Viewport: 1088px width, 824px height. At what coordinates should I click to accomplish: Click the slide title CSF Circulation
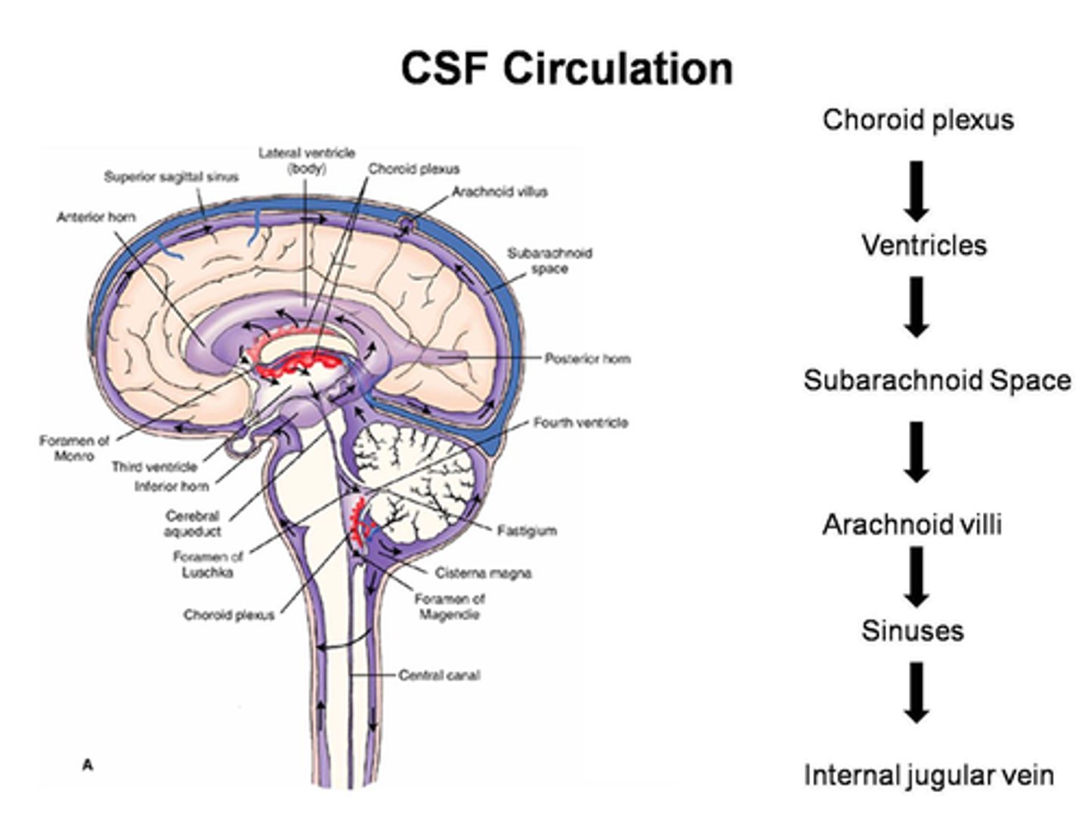point(567,68)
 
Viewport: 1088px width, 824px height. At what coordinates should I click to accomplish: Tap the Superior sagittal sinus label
point(171,177)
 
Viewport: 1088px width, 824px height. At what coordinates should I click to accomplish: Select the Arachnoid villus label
point(499,192)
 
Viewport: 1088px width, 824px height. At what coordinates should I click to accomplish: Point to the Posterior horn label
point(587,358)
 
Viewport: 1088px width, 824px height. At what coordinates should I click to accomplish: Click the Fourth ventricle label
point(580,422)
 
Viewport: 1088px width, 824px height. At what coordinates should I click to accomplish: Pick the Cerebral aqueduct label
point(193,523)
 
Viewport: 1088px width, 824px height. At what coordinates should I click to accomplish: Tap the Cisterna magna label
point(483,572)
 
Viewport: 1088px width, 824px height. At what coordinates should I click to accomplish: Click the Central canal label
point(439,674)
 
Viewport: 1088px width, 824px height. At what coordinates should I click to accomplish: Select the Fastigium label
point(527,531)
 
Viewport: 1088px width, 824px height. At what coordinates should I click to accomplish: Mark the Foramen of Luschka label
point(208,564)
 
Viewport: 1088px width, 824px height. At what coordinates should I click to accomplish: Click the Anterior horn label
point(96,217)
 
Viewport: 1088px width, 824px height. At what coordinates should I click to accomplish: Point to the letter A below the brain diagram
point(88,765)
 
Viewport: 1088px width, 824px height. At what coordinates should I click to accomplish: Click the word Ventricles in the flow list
point(923,245)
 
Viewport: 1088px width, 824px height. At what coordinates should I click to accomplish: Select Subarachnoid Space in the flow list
point(937,379)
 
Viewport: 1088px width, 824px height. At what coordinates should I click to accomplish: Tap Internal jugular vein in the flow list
point(928,775)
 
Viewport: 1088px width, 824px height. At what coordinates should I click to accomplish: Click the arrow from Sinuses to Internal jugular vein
point(916,693)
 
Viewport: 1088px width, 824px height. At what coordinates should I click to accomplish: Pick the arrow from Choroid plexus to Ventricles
point(916,190)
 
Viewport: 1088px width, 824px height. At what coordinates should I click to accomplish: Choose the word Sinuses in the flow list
point(912,630)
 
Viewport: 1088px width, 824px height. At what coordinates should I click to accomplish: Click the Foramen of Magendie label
point(449,606)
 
